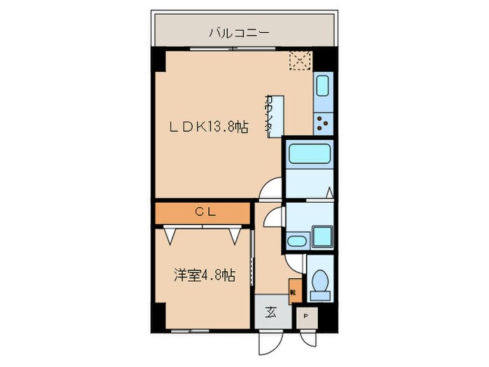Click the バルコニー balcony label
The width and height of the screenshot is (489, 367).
click(x=239, y=32)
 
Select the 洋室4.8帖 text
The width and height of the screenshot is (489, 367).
click(x=204, y=275)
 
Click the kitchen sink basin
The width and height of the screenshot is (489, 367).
click(x=323, y=87)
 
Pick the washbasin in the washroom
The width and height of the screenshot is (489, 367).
click(x=298, y=242)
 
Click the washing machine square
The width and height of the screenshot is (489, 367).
click(x=322, y=237)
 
